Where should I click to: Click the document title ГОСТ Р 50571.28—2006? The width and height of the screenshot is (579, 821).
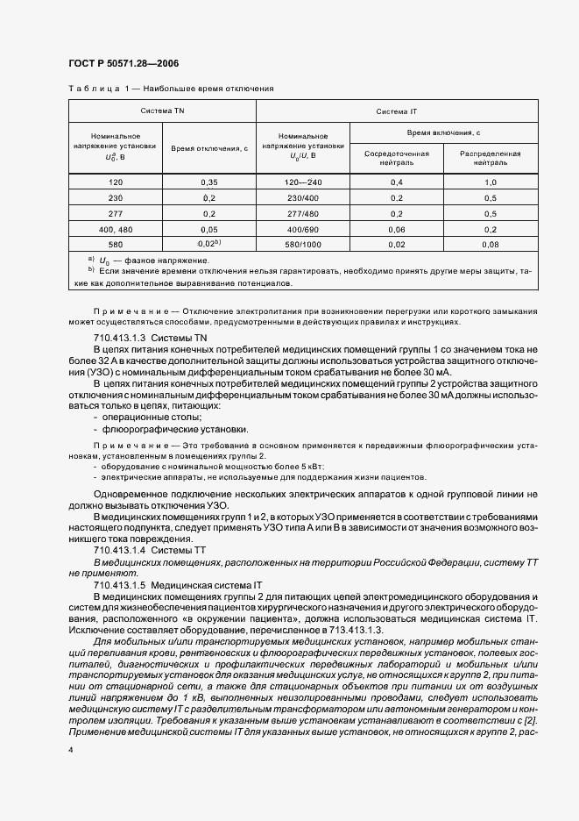[123, 64]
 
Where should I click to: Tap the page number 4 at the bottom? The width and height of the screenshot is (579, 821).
[71, 751]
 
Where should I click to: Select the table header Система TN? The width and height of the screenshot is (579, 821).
[162, 111]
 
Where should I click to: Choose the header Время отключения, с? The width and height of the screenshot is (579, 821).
[209, 149]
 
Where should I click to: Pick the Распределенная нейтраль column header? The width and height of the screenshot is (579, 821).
[491, 158]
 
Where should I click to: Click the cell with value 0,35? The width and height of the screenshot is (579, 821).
[209, 182]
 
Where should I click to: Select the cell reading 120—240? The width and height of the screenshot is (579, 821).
[303, 182]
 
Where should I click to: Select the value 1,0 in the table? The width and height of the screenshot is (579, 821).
[491, 182]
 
